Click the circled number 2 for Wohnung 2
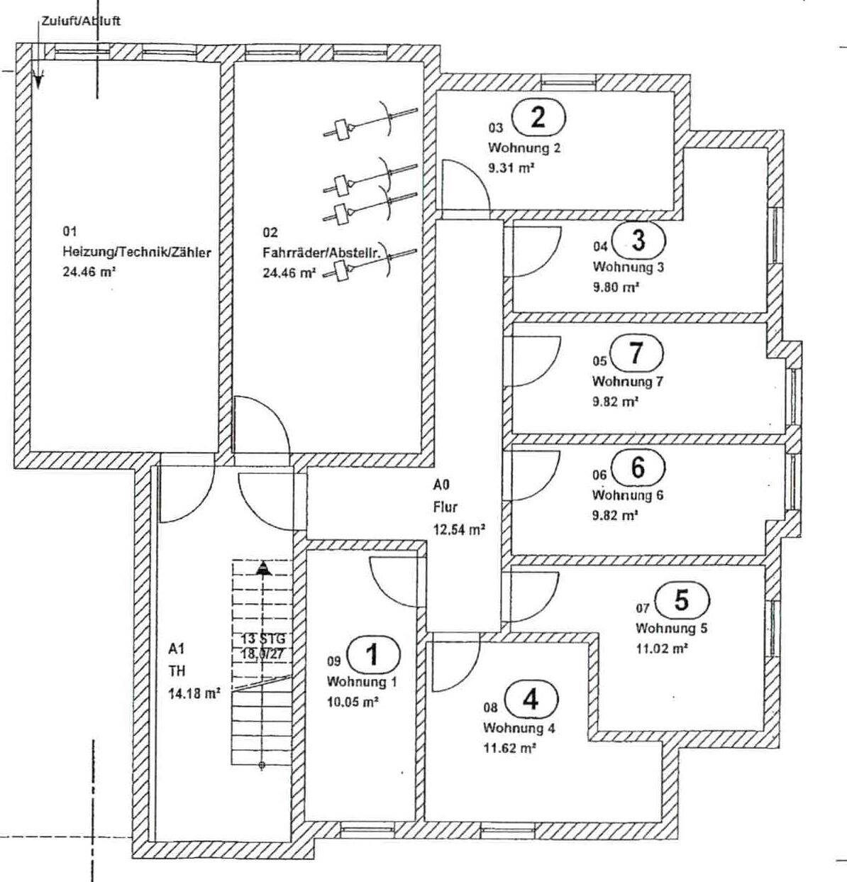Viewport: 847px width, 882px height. tap(538, 117)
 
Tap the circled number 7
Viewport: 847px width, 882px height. tap(636, 352)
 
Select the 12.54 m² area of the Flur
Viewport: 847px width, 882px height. tap(459, 528)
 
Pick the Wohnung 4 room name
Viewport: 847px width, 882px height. tap(519, 728)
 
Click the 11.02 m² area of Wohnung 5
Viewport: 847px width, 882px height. tap(662, 647)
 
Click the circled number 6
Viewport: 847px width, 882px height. tap(638, 468)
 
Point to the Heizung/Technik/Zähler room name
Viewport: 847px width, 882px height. tap(137, 252)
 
